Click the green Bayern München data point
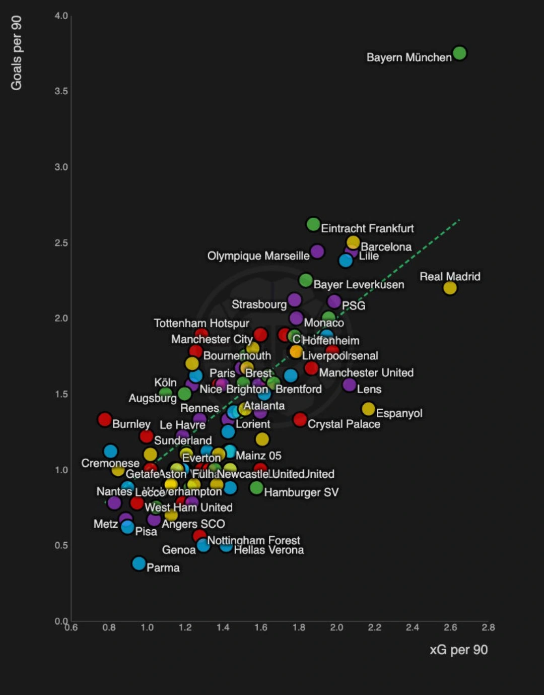459,53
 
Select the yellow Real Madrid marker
450,288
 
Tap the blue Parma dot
139,563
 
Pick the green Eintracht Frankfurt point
313,224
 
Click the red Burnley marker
105,419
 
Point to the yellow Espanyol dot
368,409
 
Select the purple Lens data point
349,385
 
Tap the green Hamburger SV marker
256,488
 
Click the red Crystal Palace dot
300,419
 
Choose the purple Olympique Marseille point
317,251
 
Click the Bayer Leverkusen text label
359,285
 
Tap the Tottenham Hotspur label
201,323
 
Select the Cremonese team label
110,463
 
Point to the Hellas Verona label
269,550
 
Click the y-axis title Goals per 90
17,53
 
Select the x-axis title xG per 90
458,650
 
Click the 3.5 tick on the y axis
61,91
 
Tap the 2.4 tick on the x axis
412,627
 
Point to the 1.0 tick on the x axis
147,627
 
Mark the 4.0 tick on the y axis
61,16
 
